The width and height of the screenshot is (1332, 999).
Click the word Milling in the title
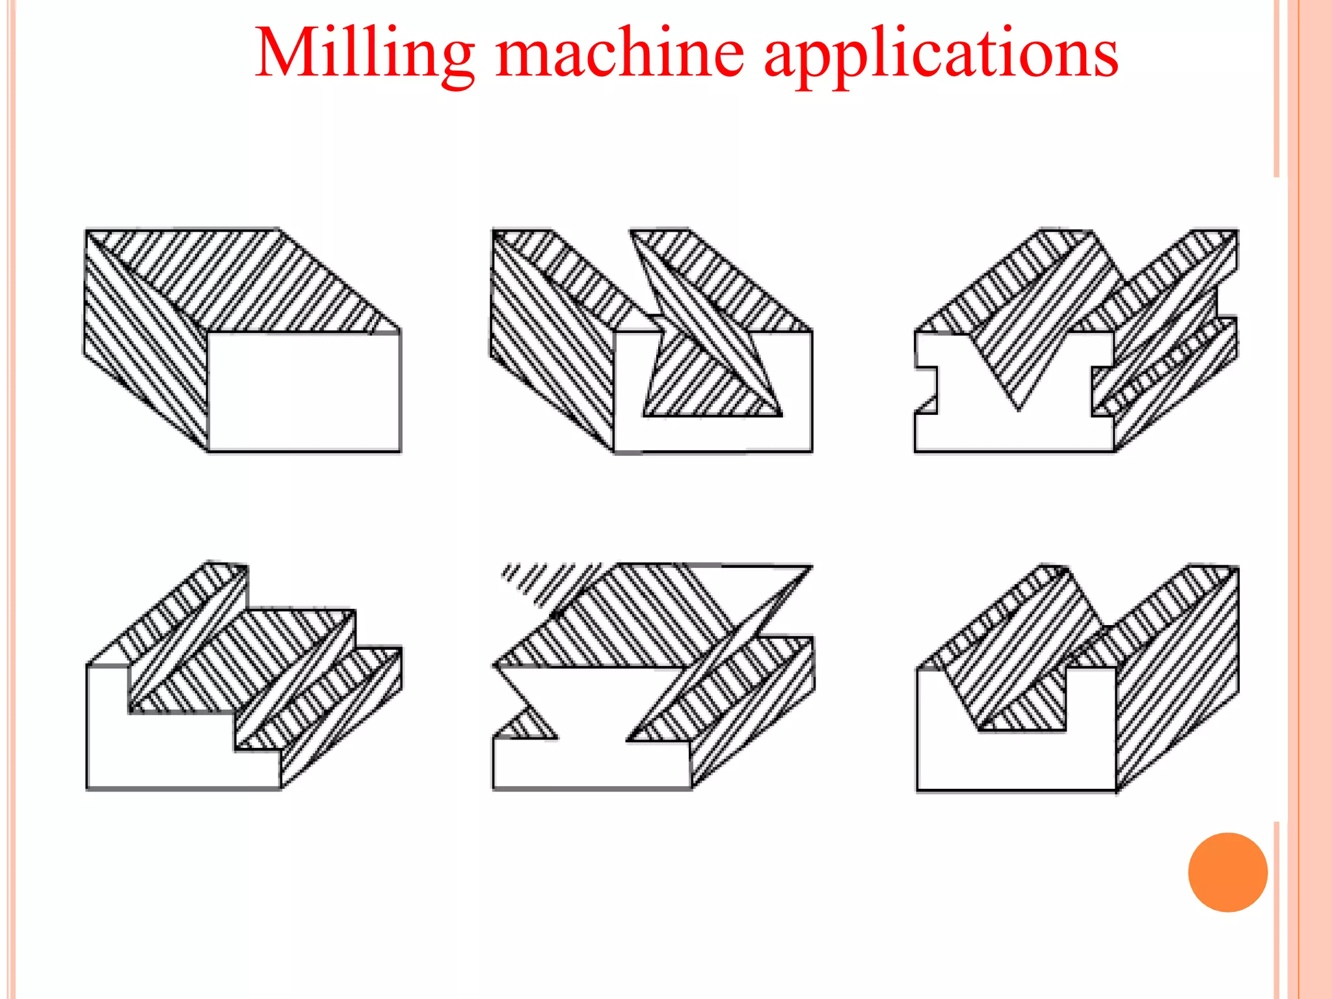click(x=364, y=53)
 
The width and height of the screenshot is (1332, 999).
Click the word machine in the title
click(x=619, y=53)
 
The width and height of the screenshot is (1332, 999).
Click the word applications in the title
click(x=940, y=53)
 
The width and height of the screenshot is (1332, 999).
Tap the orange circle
click(x=1227, y=872)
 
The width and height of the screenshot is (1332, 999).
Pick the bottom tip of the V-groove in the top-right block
click(x=1018, y=407)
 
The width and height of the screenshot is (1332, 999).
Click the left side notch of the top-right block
click(x=926, y=390)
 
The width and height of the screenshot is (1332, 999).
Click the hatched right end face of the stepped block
click(x=341, y=715)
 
